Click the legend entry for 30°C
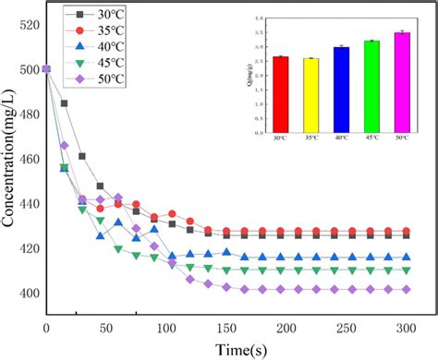(x=92, y=15)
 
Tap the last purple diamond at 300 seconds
(x=407, y=289)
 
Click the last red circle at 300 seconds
(x=407, y=232)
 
